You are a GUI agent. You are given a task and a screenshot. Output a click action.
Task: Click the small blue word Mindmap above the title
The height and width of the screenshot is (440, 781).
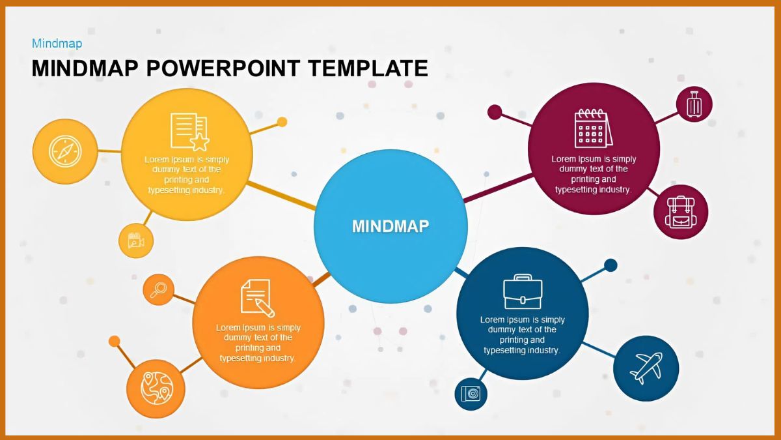coord(57,44)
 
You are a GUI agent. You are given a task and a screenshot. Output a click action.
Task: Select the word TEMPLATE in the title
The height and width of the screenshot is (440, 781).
coord(368,68)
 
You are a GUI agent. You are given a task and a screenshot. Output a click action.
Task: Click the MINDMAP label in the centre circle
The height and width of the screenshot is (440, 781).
coord(390,226)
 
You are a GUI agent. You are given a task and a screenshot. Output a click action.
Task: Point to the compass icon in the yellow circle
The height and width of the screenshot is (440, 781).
coord(64,152)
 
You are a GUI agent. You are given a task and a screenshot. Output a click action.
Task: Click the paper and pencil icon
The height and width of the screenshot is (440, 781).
coord(256,297)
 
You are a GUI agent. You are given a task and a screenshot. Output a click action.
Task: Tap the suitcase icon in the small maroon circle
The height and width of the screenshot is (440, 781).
coord(694,104)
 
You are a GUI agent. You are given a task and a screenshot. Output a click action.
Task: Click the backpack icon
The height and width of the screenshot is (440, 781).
coord(681,212)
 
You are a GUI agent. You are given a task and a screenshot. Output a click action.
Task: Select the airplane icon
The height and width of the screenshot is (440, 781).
coord(646,368)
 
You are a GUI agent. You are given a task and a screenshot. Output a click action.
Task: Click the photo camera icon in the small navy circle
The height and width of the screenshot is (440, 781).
coord(471,393)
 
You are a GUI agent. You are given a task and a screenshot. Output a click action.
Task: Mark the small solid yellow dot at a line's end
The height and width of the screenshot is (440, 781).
coord(282,122)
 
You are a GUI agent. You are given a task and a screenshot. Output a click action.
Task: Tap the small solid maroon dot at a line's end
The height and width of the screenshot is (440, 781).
coord(495,112)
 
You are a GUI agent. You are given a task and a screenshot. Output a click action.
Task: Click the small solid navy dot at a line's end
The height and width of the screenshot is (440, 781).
coord(610,265)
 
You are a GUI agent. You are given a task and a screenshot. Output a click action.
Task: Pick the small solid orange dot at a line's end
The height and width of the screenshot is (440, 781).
coord(115,341)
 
